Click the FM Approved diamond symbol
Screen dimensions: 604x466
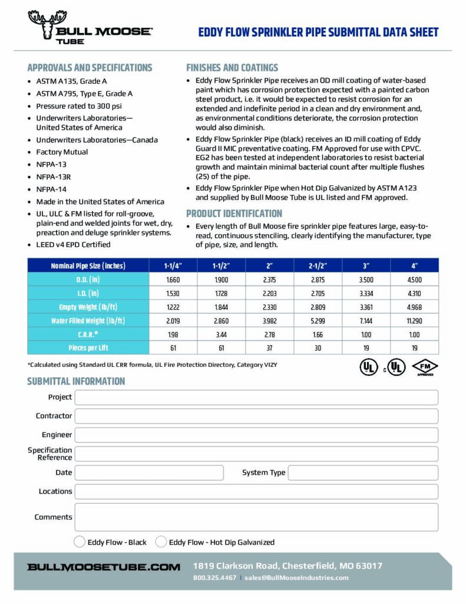point(425,367)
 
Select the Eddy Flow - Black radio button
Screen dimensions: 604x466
point(80,542)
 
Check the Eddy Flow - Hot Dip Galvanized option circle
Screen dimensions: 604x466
point(161,542)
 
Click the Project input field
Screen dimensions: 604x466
point(256,398)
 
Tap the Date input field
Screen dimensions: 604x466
point(149,472)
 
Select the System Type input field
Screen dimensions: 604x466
point(363,472)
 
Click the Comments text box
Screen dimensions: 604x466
point(256,517)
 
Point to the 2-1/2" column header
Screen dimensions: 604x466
point(318,265)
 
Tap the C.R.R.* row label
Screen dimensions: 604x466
point(87,334)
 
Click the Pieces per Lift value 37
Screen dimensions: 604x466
point(269,348)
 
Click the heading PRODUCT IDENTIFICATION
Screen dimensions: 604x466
point(233,214)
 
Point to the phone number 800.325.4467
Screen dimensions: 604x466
point(214,577)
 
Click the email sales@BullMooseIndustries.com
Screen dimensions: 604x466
point(296,577)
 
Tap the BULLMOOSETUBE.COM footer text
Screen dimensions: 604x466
point(104,567)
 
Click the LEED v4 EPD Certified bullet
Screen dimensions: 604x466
point(73,244)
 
